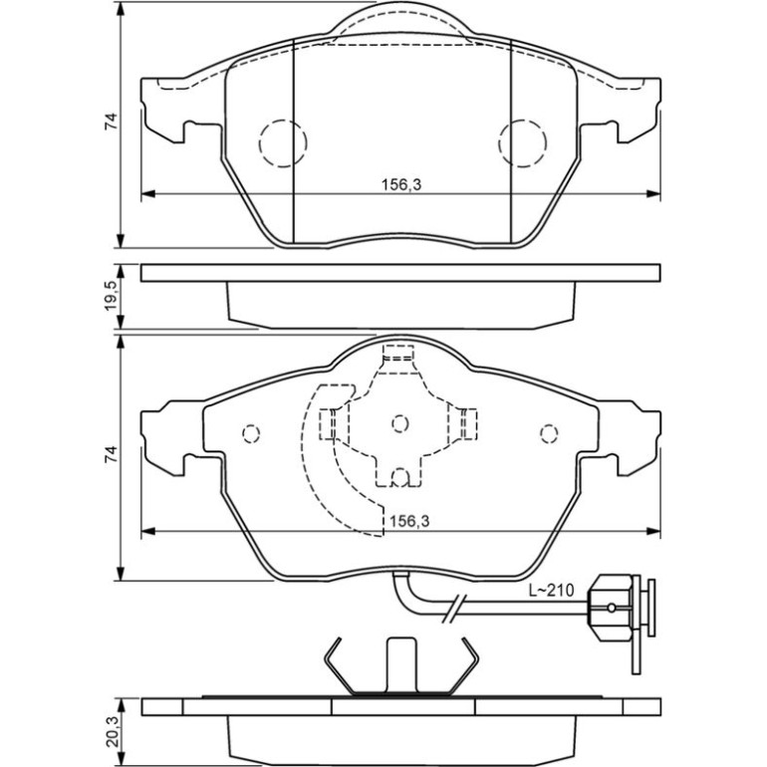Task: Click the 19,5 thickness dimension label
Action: pos(112,296)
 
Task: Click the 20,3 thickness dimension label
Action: pos(112,732)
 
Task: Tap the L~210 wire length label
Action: pos(551,591)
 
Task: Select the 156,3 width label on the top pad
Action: pos(401,184)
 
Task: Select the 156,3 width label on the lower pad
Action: pos(409,521)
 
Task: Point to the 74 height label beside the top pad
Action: pos(112,122)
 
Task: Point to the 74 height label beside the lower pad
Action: pos(112,454)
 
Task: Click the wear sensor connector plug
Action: pos(622,608)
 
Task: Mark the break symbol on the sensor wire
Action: pos(455,608)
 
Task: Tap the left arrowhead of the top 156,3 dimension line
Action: pos(147,193)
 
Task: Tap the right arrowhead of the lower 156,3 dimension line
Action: pos(653,531)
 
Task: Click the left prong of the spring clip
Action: pos(339,665)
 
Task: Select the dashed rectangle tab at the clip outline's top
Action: pos(398,353)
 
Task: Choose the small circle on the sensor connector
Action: pos(612,608)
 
